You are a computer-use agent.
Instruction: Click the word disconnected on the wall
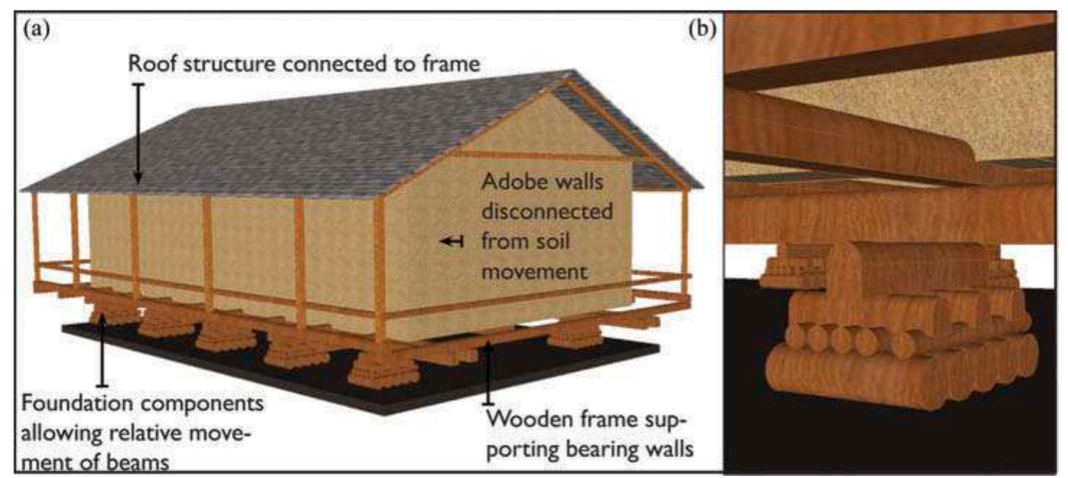click(547, 214)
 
